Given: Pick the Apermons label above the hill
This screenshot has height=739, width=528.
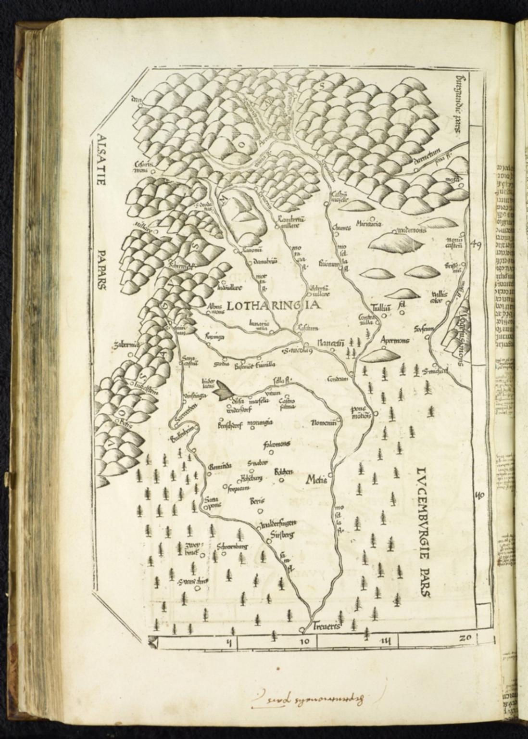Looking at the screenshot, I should [394, 340].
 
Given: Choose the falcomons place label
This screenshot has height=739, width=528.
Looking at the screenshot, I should [276, 444].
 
